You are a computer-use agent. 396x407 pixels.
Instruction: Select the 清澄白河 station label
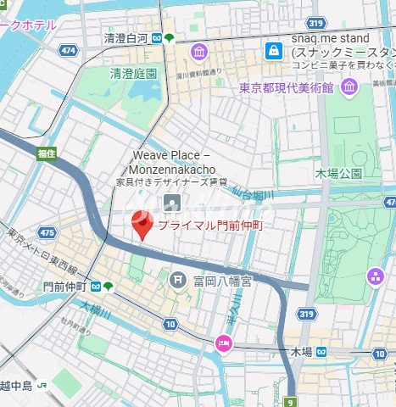pos(125,38)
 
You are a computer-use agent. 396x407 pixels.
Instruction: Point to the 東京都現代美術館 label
pos(292,86)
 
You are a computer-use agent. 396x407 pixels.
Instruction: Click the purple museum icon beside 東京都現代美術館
pos(349,86)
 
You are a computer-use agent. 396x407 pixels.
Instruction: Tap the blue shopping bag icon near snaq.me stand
pos(274,52)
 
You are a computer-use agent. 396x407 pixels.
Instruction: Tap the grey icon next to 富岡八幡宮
pos(179,279)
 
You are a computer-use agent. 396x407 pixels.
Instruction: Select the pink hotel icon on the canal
pos(223,343)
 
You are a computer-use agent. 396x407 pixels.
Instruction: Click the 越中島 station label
pos(15,386)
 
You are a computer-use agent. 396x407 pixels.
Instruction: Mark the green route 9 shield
pos(291,402)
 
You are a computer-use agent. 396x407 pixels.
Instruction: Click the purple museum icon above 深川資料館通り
pos(198,53)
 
